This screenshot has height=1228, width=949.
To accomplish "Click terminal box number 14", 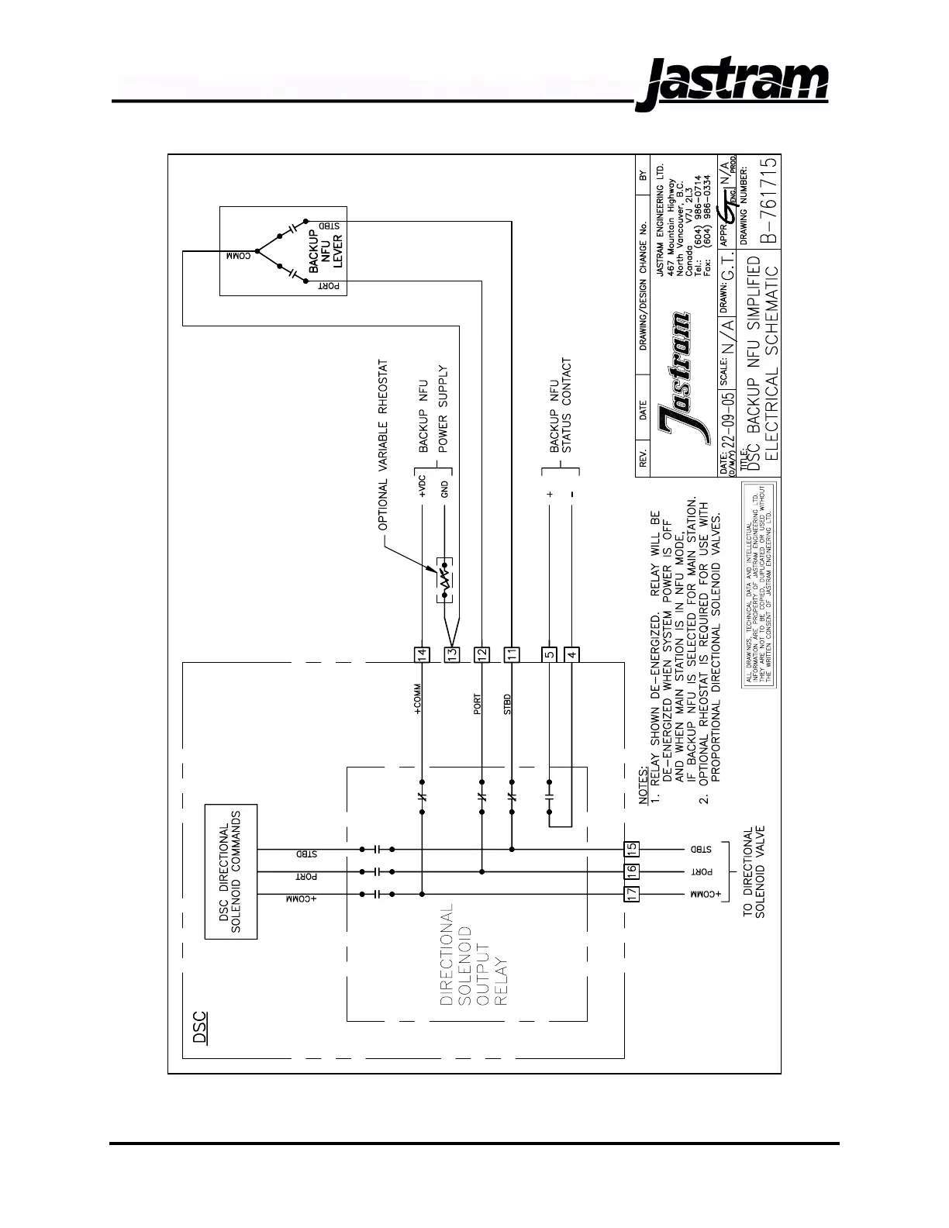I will tap(422, 654).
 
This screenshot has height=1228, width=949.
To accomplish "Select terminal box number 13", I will tap(452, 654).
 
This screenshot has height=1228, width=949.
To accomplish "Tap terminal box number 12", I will tap(481, 654).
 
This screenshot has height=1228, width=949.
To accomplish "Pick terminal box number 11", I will tap(512, 654).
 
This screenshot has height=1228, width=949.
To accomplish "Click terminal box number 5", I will tap(549, 654).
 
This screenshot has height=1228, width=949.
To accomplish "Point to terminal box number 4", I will tap(571, 654).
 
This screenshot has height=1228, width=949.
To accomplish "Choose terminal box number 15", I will tap(632, 849).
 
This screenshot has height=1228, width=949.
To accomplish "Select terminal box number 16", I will tap(632, 871).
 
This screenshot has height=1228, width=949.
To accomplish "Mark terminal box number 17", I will tap(632, 894).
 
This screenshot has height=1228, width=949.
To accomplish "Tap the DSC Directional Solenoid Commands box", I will tap(230, 871).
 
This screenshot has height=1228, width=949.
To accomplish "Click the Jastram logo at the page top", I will tap(732, 82).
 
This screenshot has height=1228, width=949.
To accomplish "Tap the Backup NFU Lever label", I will tap(326, 250).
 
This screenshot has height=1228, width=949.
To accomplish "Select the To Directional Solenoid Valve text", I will tap(754, 874).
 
